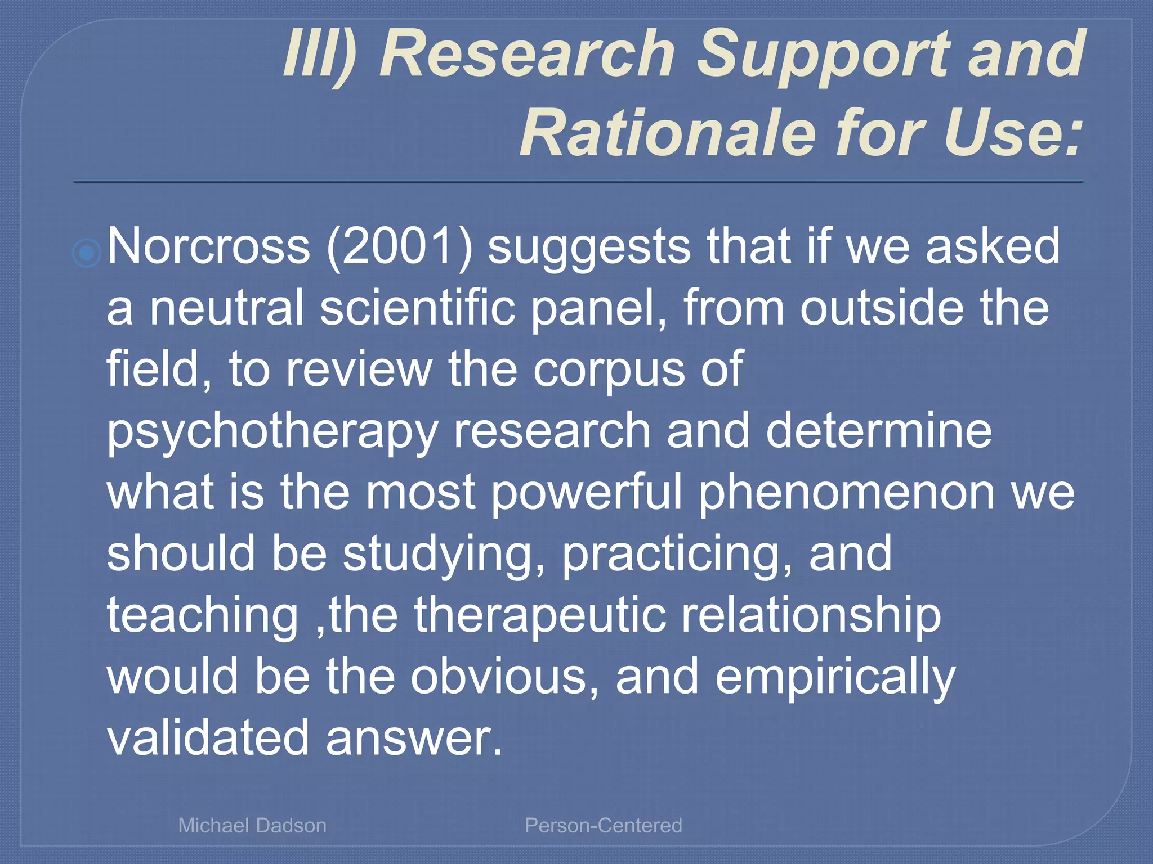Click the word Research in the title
pos(528,55)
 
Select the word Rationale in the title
pos(667,134)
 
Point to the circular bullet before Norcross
pos(87,253)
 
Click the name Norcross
pos(208,246)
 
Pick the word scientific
pos(418,308)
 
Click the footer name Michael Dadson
pos(252,825)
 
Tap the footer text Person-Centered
pos(604,825)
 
